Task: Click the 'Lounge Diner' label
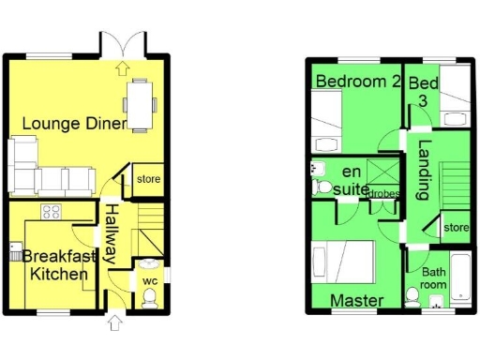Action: pos(74,122)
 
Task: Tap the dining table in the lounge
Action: pos(141,103)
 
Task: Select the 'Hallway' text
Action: pos(111,232)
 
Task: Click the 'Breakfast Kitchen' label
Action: pos(56,265)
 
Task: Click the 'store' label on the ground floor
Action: pos(148,179)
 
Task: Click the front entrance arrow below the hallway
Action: pos(114,323)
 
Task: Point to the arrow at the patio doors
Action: pos(123,67)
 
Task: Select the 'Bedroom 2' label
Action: pos(357,82)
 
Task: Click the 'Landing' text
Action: pos(424,171)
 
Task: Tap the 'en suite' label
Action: pos(348,180)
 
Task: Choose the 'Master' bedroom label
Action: pos(357,300)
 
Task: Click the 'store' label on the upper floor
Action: pos(455,228)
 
